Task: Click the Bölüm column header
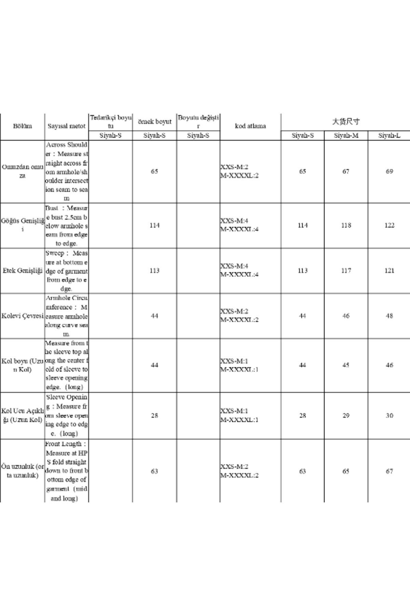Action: (23, 126)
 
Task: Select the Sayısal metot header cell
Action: (66, 126)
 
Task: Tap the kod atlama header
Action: (250, 126)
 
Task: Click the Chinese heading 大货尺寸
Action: (346, 121)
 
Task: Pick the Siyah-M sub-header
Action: (346, 136)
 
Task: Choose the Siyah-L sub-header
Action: (389, 136)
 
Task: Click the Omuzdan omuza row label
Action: (23, 171)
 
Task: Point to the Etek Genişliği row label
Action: (23, 271)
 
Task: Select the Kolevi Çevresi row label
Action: (23, 316)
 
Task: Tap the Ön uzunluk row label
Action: (23, 471)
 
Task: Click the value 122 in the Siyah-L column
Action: (389, 226)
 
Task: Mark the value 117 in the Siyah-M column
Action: (346, 271)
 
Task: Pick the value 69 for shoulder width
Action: (389, 171)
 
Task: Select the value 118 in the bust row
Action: (346, 226)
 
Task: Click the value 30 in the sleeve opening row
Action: (389, 415)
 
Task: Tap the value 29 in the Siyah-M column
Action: (346, 415)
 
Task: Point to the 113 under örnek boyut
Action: (154, 271)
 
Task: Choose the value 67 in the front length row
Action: (389, 471)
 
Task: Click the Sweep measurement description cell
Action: (66, 271)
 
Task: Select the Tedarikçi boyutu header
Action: (111, 122)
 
